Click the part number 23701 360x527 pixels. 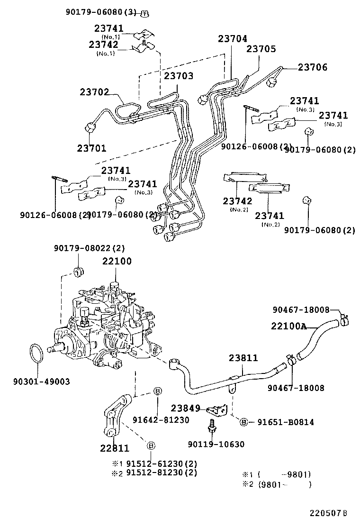91,148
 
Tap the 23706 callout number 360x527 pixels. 312,68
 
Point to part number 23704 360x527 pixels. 233,39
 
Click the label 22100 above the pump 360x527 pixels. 117,261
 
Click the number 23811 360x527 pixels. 243,358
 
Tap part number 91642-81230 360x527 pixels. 161,420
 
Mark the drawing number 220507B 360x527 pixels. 329,513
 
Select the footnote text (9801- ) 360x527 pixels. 284,484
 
